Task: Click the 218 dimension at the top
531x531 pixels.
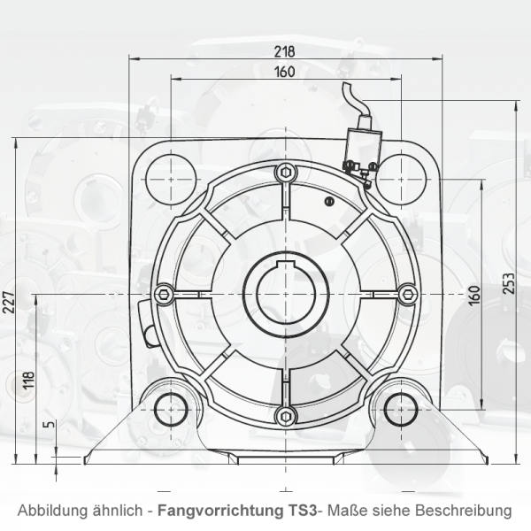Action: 284,51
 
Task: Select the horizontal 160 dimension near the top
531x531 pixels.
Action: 284,72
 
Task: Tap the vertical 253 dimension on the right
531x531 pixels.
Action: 509,281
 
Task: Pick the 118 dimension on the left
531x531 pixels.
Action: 28,381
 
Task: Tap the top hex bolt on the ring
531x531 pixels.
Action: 283,172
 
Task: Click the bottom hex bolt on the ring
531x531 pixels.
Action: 283,416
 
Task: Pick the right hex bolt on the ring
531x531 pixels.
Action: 406,294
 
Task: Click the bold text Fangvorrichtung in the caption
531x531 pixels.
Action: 218,511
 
